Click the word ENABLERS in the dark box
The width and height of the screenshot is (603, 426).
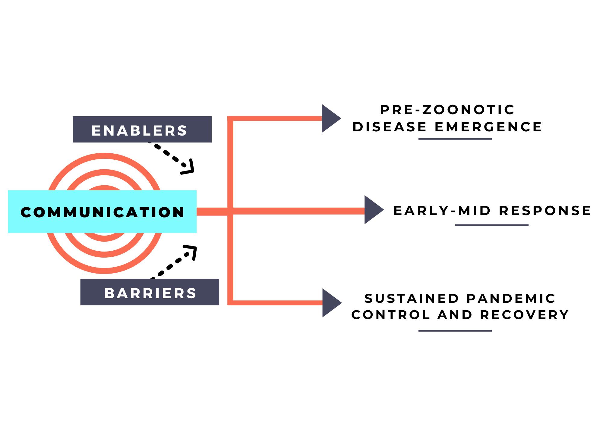pos(139,130)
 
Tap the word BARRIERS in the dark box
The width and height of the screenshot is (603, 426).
pos(150,293)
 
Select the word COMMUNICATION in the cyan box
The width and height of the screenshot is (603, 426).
pos(102,212)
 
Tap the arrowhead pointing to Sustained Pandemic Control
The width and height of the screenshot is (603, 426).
pos(331,303)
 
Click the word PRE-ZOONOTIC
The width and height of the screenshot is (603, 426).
pos(447,110)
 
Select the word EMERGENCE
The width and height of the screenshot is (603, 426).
pos(488,127)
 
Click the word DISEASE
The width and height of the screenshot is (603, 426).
pos(389,127)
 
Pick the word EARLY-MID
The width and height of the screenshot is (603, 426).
pos(442,211)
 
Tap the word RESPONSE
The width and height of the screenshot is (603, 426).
pos(545,211)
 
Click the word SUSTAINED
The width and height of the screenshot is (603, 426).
pos(412,299)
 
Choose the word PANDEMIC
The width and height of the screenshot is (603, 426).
pos(511,299)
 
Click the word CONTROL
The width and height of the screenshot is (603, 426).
pos(391,315)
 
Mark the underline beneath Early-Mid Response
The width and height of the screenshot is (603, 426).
pos(492,225)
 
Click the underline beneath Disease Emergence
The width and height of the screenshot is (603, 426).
pos(455,139)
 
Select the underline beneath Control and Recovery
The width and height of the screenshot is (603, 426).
pos(455,331)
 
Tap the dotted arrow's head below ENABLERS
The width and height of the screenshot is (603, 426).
pos(189,168)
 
